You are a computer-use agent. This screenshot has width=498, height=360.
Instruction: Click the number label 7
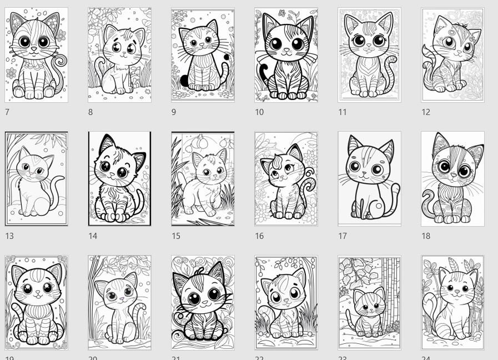click(7, 112)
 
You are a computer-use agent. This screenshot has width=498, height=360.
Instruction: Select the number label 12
click(426, 112)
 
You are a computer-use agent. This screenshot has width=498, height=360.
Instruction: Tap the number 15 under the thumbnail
click(176, 236)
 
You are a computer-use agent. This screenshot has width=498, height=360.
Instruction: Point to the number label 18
click(426, 236)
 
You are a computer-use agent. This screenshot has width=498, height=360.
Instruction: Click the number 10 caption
click(259, 112)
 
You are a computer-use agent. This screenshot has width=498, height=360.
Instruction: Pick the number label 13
click(9, 236)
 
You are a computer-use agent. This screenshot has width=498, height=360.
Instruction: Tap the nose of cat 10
click(285, 50)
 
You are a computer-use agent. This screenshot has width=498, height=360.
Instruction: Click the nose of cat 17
click(365, 173)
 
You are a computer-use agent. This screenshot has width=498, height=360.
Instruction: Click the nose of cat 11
click(369, 46)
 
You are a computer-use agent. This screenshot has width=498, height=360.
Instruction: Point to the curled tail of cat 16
click(309, 183)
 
